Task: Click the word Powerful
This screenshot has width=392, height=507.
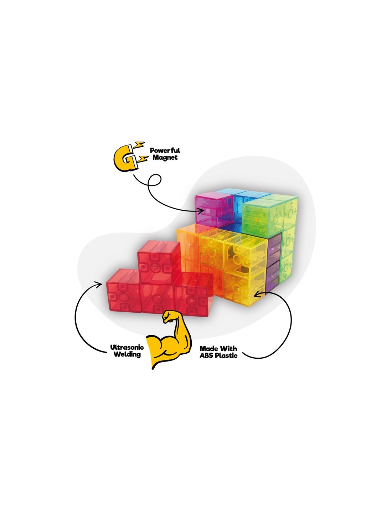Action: point(165,150)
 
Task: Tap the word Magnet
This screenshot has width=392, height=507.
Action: point(165,157)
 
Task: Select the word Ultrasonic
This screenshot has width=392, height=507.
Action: point(127,347)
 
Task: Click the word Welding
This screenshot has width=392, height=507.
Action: point(127,354)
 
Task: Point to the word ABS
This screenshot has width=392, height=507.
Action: point(206,355)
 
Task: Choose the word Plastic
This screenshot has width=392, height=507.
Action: point(226,355)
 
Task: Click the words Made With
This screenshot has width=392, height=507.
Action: point(218,348)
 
